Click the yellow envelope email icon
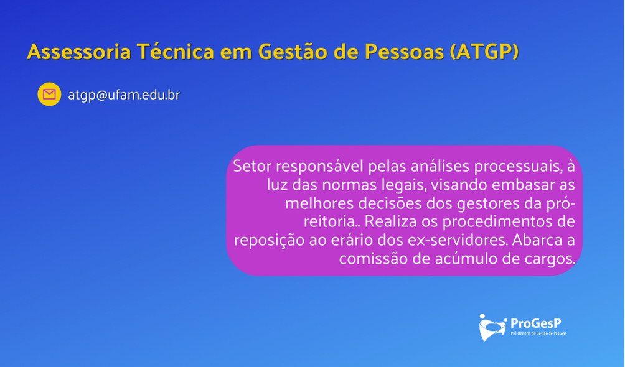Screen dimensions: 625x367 pos(49,95)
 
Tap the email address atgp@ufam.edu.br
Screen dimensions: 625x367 pos(124,95)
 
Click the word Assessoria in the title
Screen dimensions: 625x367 pos(79,52)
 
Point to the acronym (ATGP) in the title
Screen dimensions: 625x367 pos(484,52)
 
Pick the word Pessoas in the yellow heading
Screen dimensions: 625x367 pos(404,52)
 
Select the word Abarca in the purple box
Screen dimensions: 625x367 pos(537,240)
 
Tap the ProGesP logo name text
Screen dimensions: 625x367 pos(536,323)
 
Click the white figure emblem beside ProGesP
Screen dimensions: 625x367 pos(492,328)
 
